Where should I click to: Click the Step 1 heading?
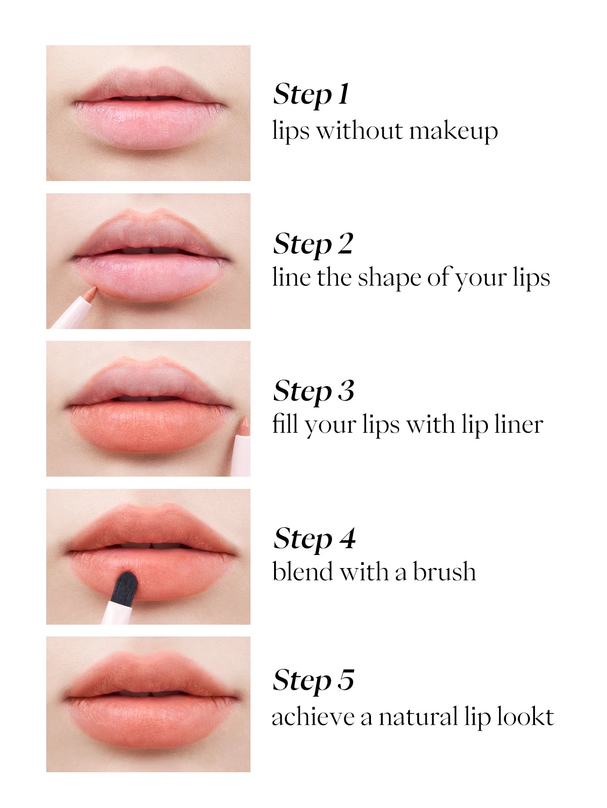(311, 95)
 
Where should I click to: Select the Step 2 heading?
(313, 244)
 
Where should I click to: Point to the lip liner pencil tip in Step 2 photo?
(92, 290)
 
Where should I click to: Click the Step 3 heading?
(313, 391)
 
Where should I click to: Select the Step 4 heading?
(314, 539)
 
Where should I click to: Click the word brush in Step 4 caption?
(444, 571)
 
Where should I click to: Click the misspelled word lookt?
(525, 717)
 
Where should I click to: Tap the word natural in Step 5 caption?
(418, 717)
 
